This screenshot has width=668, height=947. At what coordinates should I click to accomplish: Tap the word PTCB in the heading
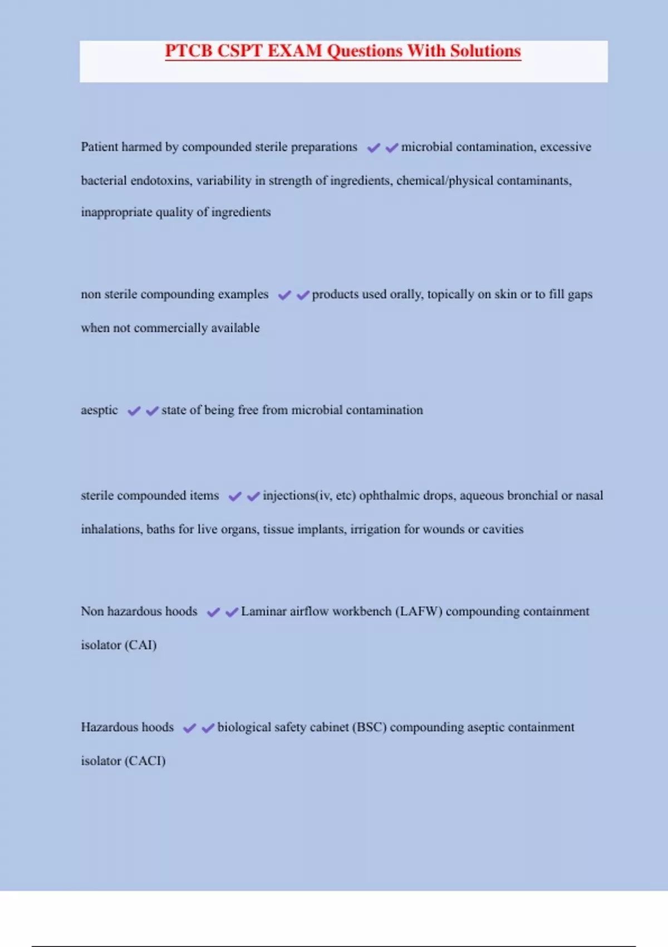(x=189, y=51)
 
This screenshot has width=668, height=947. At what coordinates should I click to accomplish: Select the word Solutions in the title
(x=485, y=51)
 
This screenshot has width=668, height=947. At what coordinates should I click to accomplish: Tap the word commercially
(x=170, y=328)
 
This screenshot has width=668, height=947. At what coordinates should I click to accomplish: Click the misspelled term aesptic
(x=99, y=410)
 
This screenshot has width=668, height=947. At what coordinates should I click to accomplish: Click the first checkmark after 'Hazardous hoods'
(x=190, y=728)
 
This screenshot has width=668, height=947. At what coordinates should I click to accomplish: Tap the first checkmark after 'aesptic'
(x=134, y=411)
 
